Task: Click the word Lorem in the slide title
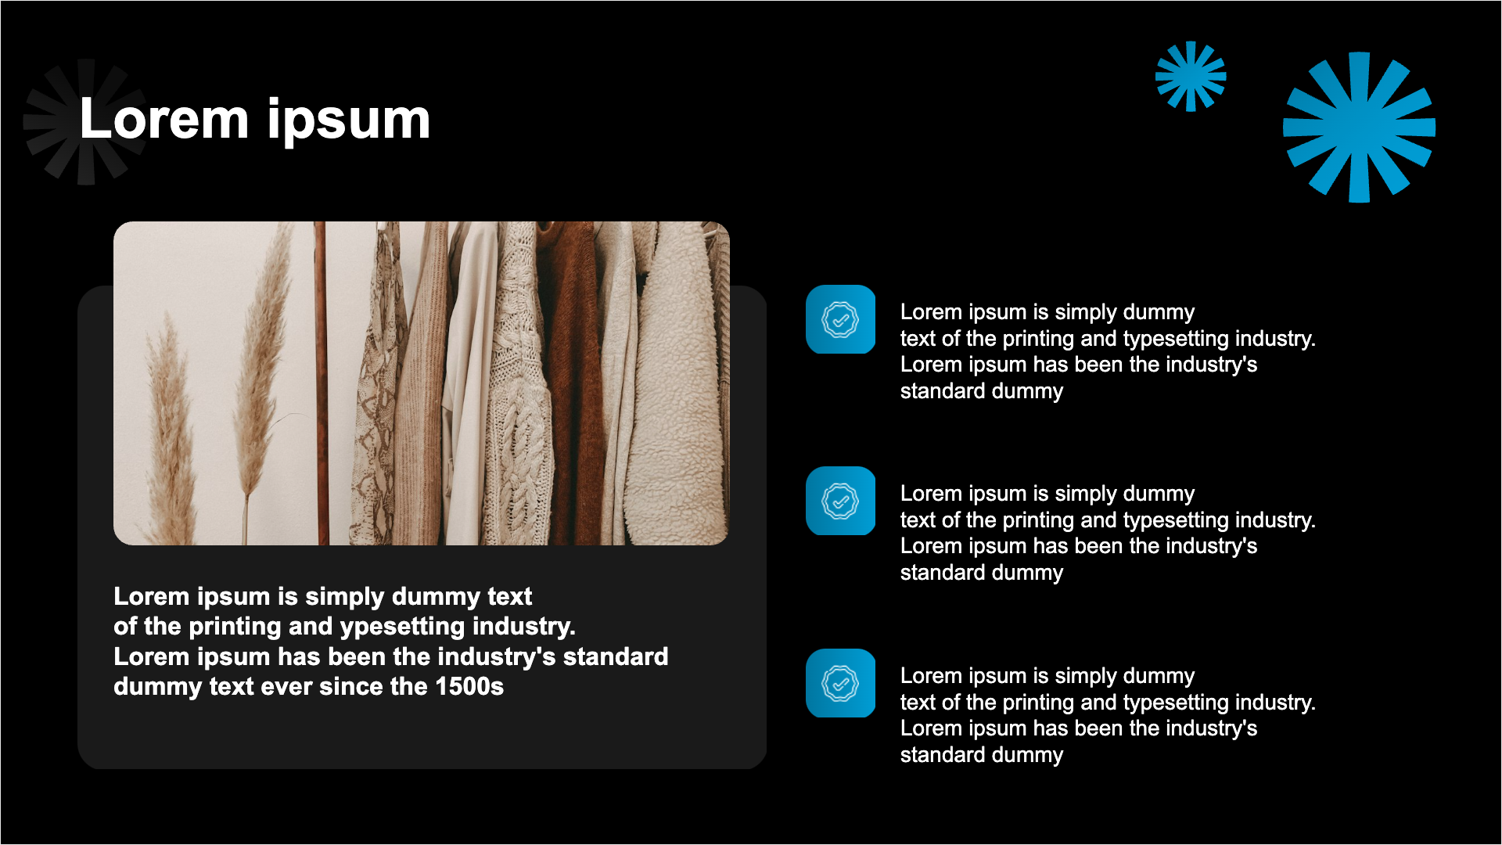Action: (x=164, y=120)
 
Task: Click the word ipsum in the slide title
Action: (x=349, y=122)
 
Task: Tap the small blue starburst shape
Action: (x=1191, y=76)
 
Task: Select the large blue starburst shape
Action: (x=1359, y=127)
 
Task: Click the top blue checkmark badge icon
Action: (x=840, y=319)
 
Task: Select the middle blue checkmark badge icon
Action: (x=840, y=501)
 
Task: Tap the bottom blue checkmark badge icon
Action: (x=840, y=683)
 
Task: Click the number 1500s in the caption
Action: (x=469, y=686)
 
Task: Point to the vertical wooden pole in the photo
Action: (x=321, y=383)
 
